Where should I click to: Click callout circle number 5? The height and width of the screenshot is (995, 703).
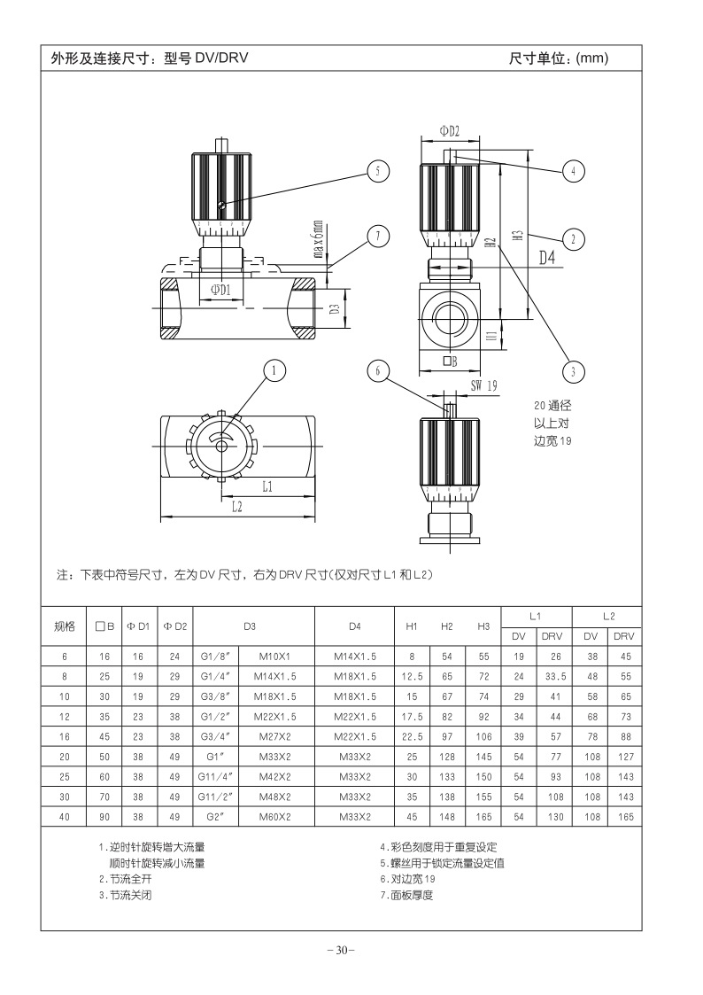[378, 171]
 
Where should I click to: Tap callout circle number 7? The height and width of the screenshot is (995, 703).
[378, 237]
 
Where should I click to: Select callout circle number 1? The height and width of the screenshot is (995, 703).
[274, 370]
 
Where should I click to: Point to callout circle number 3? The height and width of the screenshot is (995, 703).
[574, 371]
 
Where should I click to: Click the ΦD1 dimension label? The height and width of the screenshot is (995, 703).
[220, 290]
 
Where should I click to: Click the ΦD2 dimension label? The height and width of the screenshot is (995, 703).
[450, 131]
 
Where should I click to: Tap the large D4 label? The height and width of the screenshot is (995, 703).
[547, 258]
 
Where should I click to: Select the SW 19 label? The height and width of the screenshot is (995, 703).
[483, 385]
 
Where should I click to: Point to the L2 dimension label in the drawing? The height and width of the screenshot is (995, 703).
[236, 507]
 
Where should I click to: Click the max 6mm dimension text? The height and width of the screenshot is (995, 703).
[318, 239]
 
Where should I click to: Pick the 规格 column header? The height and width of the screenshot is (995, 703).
[64, 626]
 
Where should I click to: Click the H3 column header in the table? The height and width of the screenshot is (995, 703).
[483, 626]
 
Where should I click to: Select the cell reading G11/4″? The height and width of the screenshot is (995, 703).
[215, 777]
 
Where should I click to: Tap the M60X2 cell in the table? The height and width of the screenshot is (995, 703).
[274, 817]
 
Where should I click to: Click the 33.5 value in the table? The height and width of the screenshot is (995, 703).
[555, 676]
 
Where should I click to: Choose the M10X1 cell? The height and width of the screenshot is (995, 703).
[274, 657]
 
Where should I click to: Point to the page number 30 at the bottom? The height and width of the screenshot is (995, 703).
[342, 950]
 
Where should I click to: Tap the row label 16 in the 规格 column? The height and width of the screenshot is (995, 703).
[64, 737]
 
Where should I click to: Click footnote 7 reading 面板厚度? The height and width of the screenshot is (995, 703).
[406, 896]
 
